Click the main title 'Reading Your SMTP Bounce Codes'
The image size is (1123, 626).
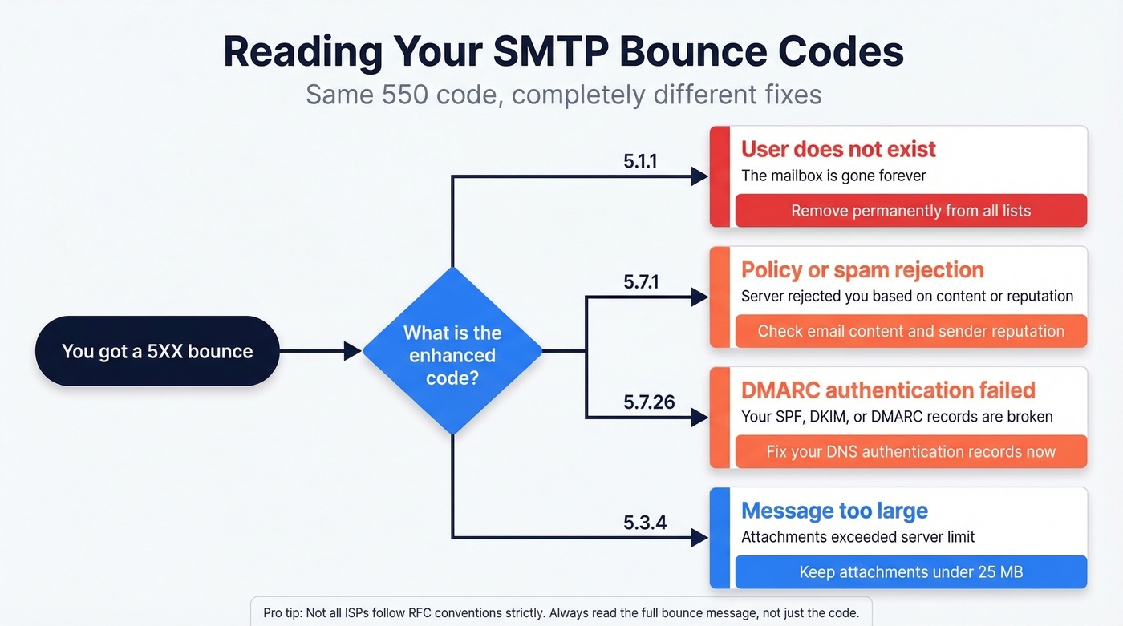563,51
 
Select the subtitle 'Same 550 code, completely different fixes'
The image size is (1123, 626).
563,95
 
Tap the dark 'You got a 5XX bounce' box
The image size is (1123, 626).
157,351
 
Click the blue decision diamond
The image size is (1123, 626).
452,351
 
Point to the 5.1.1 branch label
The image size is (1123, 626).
640,161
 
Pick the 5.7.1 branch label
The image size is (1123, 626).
640,281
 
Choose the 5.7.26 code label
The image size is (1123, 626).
649,402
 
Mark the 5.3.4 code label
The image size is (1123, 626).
645,523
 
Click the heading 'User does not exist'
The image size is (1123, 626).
838,149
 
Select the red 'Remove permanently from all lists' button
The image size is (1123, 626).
910,211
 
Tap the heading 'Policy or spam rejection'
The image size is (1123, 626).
862,270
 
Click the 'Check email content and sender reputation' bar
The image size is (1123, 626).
910,331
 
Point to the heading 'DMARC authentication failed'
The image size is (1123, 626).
888,390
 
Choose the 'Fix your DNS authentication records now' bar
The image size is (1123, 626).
910,451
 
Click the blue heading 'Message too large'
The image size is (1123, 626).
834,511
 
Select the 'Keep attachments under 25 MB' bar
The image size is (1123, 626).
910,572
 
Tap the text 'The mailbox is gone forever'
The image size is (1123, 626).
833,176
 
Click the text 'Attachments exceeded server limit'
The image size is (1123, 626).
857,537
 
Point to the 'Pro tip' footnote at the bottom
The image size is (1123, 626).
561,613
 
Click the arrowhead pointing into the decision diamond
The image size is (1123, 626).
352,351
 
